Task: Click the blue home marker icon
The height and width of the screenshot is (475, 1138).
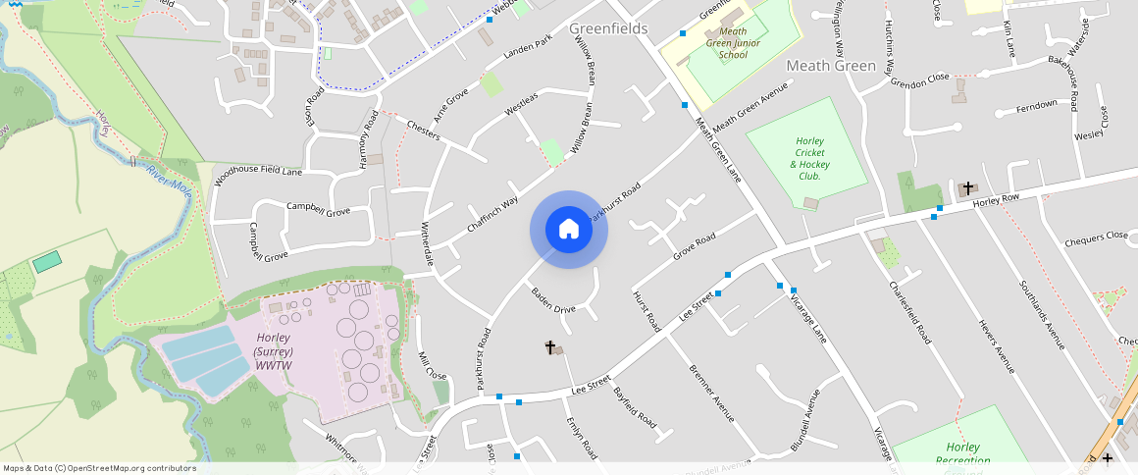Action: coord(569,230)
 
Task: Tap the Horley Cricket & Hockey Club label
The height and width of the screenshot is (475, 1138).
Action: coord(810,158)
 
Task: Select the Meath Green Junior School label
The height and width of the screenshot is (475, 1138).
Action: coord(733,43)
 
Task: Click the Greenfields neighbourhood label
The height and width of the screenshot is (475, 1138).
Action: coord(608,28)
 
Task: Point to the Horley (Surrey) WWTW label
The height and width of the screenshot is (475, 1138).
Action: coord(274,351)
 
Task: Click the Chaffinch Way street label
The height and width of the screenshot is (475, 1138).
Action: coord(492,216)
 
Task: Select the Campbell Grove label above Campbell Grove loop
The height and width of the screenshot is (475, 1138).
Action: coord(318,209)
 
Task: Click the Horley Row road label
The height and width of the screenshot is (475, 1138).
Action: coord(997,199)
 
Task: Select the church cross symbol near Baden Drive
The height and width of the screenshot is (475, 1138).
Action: coord(550,347)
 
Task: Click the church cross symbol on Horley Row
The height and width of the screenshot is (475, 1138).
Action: coord(968,187)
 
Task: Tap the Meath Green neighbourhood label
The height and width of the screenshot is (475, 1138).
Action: coord(831,66)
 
